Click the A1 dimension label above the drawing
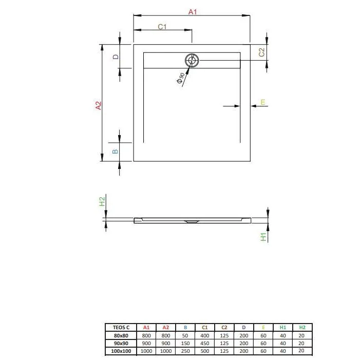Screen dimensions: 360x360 click(x=193, y=12)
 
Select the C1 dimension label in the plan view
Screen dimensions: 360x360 click(x=162, y=27)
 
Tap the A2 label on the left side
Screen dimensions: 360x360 click(x=98, y=105)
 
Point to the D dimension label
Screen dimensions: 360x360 click(x=116, y=56)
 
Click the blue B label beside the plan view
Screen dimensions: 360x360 click(x=115, y=151)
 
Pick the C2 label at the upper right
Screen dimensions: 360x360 click(x=261, y=52)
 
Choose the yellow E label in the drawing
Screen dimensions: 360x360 click(x=262, y=102)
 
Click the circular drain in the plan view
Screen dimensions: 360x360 click(x=192, y=61)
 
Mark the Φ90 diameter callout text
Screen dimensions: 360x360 click(x=180, y=78)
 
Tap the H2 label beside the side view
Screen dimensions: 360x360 click(x=102, y=201)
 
